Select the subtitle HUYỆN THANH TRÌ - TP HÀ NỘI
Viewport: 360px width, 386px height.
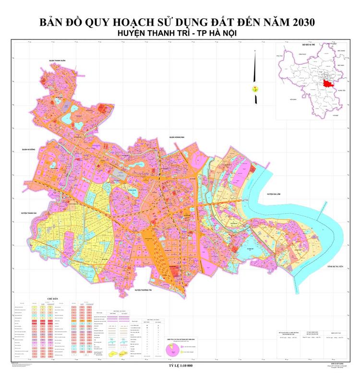(180, 34)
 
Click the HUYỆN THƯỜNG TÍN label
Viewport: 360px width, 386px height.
(147, 291)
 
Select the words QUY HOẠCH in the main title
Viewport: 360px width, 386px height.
(118, 23)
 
